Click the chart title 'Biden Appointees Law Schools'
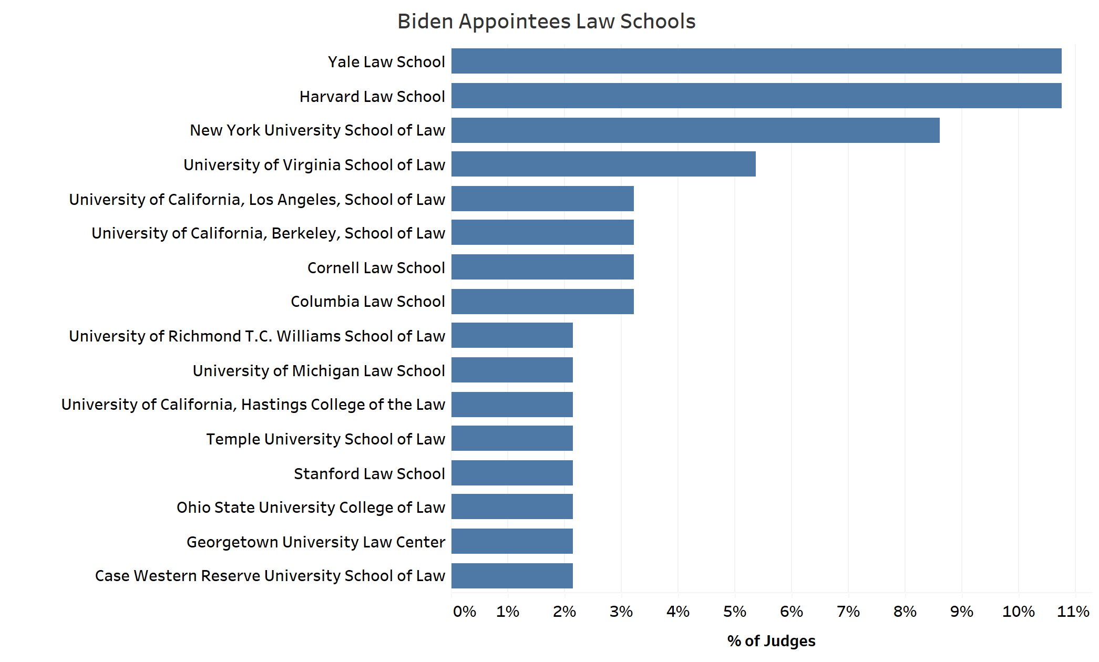coord(546,22)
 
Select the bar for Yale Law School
coord(756,61)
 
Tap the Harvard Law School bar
coord(756,96)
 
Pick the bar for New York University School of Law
coord(695,130)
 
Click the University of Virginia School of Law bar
coord(603,164)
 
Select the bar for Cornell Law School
coord(542,267)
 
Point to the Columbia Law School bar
coord(542,302)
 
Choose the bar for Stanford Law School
coord(511,473)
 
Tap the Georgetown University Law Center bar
coord(511,541)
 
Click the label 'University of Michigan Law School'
coord(319,370)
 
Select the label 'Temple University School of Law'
coord(325,439)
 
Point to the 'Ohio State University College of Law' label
coord(311,507)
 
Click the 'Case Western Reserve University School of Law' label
coord(270,576)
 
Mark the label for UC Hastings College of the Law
coord(253,405)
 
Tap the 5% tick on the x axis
coord(734,612)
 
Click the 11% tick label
coord(1073,612)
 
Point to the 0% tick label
coord(464,612)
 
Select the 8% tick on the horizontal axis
coord(905,612)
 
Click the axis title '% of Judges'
coord(771,641)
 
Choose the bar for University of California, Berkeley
coord(542,232)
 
